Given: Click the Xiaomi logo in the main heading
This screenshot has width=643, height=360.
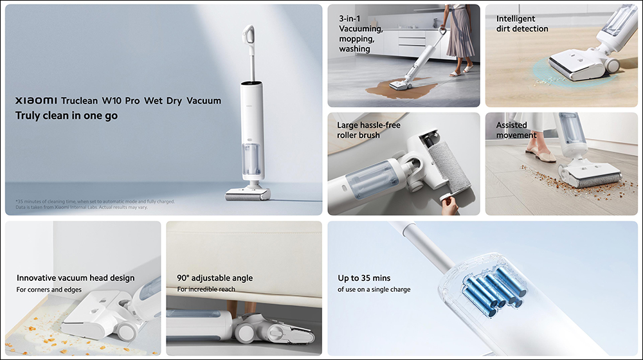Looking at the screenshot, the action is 36,100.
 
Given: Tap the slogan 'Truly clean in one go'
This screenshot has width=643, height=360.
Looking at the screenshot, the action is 66,116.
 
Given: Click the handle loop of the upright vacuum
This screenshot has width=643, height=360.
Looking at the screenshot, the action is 248,35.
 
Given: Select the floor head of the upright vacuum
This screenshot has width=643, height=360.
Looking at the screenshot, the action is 248,194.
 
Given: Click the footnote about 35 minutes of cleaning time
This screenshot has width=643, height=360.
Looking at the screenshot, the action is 95,204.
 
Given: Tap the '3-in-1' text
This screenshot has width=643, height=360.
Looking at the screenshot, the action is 349,19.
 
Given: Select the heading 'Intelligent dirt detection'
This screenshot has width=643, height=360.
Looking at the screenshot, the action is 522,24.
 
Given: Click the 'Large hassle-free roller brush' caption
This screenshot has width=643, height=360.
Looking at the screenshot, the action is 368,130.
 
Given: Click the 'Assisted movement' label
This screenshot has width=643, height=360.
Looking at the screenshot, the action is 516,130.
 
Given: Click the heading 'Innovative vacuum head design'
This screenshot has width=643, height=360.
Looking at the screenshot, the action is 75,278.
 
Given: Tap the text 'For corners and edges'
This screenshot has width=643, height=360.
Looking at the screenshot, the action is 49,289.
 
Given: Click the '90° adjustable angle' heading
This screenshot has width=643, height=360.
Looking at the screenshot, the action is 215,278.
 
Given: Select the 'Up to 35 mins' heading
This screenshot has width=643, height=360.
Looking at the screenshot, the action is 364,278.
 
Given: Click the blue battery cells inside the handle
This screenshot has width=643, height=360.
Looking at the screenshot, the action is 494,291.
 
